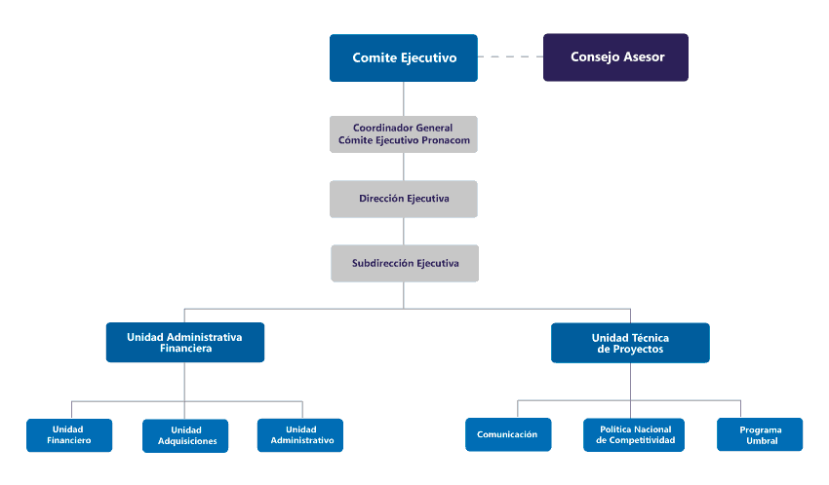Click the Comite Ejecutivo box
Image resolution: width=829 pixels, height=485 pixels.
[x=404, y=58]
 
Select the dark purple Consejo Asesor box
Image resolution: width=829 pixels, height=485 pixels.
[x=616, y=57]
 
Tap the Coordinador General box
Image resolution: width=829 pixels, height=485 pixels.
[x=404, y=134]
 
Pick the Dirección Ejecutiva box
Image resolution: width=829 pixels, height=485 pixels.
[x=404, y=199]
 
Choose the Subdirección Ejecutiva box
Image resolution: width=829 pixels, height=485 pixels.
[x=405, y=263]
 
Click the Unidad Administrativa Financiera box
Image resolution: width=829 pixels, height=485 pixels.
[x=185, y=343]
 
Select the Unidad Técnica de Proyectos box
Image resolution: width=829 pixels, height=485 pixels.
[x=630, y=343]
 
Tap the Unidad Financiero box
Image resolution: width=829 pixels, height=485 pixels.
[x=69, y=435]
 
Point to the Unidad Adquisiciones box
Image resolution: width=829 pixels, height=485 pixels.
[x=185, y=436]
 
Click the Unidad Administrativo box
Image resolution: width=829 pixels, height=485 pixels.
[x=300, y=435]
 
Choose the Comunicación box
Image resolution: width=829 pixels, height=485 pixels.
[x=508, y=434]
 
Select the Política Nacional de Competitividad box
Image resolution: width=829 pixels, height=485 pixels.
[x=634, y=435]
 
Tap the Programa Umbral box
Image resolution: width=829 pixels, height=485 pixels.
[x=760, y=434]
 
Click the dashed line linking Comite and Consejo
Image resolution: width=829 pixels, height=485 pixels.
[x=510, y=56]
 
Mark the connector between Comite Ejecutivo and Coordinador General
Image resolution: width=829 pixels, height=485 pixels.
[x=404, y=98]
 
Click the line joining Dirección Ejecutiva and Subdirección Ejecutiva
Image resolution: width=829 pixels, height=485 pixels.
[x=404, y=231]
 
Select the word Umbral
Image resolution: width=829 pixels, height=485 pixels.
[x=762, y=440]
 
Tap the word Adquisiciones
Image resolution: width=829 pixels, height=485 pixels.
[x=187, y=441]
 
